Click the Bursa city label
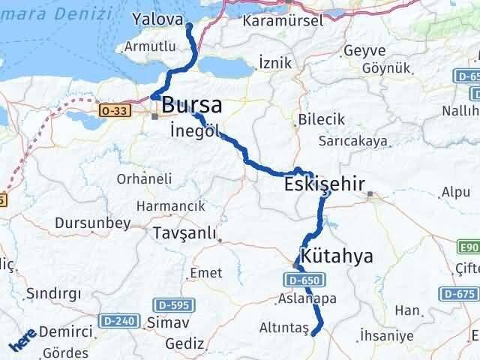(x=191, y=104)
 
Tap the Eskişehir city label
(x=325, y=184)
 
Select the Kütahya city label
(x=336, y=256)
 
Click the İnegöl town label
(x=194, y=129)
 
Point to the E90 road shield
(x=468, y=246)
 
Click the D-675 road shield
(x=458, y=293)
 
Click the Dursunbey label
(x=92, y=223)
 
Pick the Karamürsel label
(x=283, y=20)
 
